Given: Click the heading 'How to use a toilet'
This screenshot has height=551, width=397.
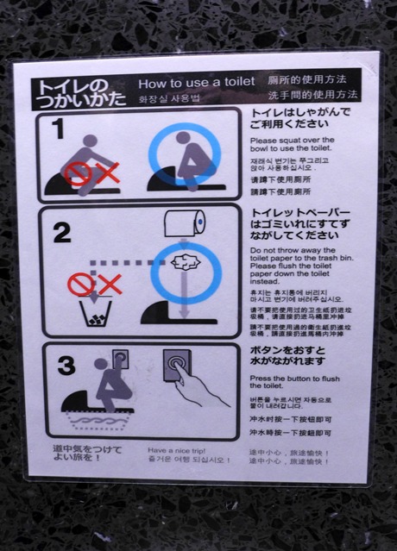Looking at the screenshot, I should pos(197,83).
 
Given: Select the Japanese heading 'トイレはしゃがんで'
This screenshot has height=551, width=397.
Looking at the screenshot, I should pos(300,113).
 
